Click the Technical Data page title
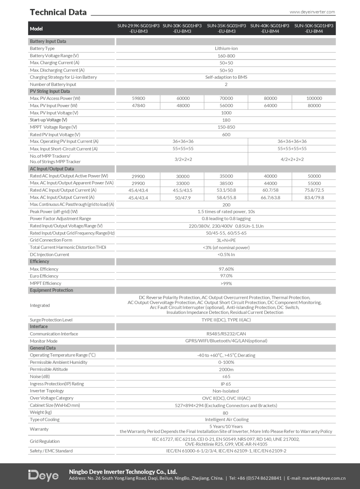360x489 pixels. (x=58, y=12)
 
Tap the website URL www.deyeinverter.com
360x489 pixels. (x=312, y=12)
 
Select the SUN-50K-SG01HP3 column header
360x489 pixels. (x=314, y=28)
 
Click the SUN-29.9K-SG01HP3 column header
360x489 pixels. (x=138, y=28)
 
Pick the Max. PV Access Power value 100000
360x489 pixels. (x=314, y=98)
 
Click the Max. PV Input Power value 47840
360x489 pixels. (x=138, y=106)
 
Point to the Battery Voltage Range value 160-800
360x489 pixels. (x=226, y=56)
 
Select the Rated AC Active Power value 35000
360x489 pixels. (x=226, y=176)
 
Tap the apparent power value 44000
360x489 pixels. (x=270, y=183)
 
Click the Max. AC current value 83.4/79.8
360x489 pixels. (x=314, y=198)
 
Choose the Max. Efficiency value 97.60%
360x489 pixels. (x=226, y=269)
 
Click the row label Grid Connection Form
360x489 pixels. (x=51, y=240)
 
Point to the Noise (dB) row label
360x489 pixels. (x=40, y=377)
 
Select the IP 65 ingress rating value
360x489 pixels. (x=226, y=384)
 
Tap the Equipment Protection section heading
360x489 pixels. (x=51, y=290)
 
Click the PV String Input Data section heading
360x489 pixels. (x=50, y=91)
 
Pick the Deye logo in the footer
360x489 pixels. (x=43, y=476)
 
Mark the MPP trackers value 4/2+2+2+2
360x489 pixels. (x=292, y=159)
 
